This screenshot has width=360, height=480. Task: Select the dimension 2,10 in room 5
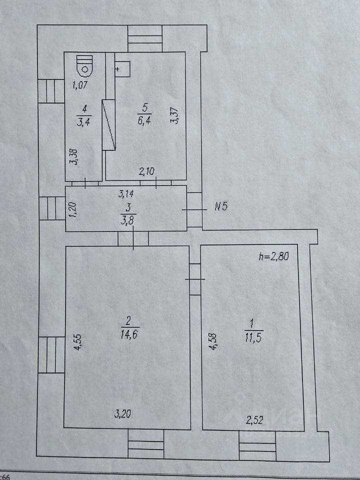pos(146,172)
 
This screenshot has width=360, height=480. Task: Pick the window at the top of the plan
pos(145,36)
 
